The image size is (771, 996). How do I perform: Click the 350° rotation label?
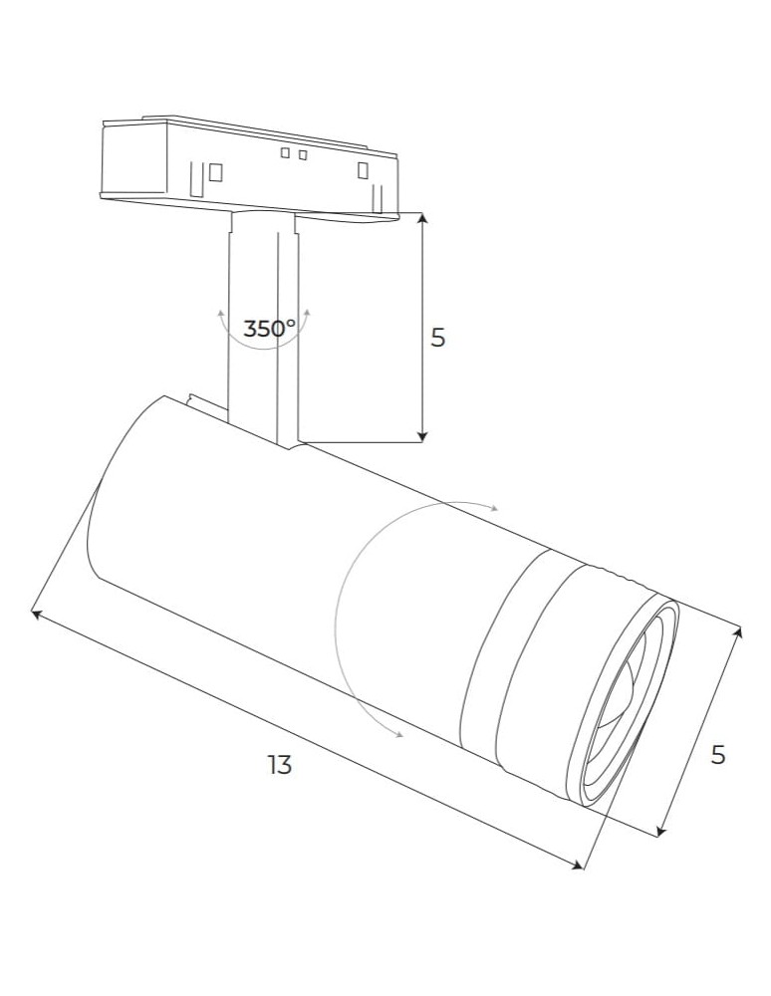click(x=269, y=328)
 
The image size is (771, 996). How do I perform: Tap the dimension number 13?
click(x=280, y=765)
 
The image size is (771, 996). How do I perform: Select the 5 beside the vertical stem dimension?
click(x=437, y=338)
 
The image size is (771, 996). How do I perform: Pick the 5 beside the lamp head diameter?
click(x=717, y=755)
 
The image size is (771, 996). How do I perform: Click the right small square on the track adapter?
click(x=302, y=153)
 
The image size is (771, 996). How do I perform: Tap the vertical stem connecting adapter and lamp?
click(x=262, y=329)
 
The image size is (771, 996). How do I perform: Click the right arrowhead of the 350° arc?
click(x=308, y=312)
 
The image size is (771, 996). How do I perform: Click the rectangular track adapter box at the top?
click(x=249, y=159)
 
